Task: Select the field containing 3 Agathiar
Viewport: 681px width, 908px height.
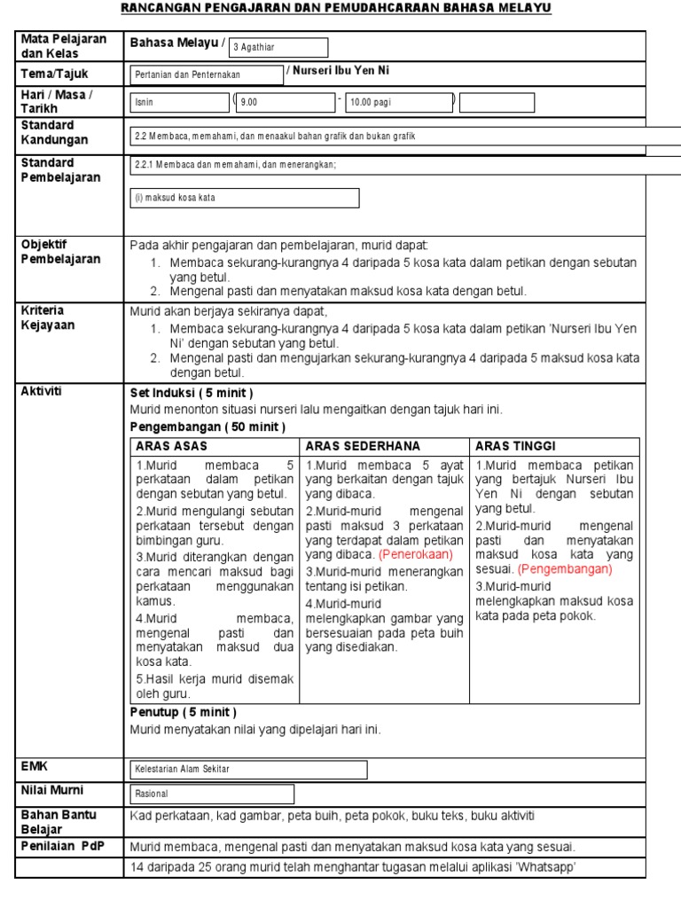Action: tap(278, 48)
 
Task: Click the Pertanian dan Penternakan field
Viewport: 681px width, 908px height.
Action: tap(207, 75)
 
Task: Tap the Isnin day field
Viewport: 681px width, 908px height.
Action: tap(180, 103)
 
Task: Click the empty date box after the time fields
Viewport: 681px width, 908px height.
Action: tap(497, 103)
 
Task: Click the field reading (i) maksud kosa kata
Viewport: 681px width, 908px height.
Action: tap(245, 198)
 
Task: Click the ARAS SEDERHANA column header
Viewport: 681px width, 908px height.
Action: tap(364, 446)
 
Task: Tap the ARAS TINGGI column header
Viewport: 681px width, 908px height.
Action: tap(516, 446)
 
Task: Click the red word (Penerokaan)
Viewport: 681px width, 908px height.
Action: tap(416, 554)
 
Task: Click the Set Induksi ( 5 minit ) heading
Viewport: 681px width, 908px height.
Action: tap(192, 393)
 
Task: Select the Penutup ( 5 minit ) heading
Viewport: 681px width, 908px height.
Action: tap(184, 712)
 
